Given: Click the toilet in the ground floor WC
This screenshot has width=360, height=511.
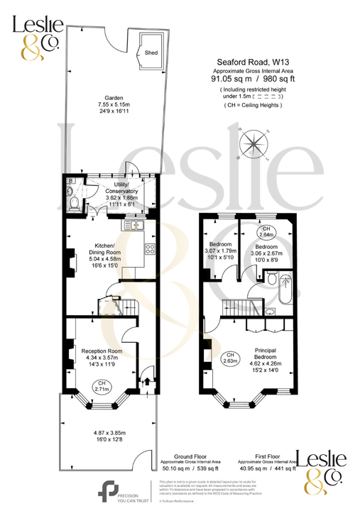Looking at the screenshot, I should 75,204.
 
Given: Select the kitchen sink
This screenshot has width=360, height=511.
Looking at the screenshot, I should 133,225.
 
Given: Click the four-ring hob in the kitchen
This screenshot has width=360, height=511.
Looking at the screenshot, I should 150,249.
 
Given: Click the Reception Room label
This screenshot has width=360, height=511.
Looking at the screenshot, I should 102,351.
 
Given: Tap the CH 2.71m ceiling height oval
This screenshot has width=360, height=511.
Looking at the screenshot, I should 101,386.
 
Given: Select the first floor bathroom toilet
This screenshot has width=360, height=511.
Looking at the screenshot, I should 273,279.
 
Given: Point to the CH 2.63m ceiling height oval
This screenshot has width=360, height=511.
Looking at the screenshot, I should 229,358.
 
